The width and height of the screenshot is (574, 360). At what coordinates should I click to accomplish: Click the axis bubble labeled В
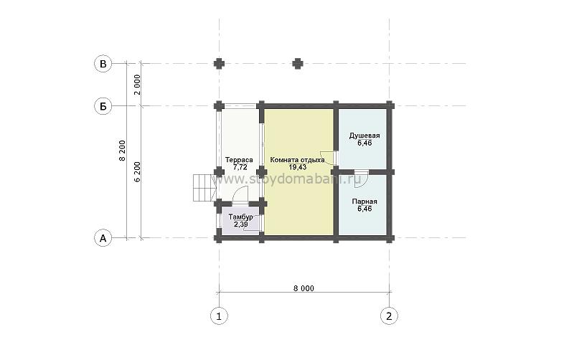(x=103, y=64)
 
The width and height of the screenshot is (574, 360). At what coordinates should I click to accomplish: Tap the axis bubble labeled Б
(x=103, y=106)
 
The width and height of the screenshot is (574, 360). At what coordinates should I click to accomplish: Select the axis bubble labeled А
(x=103, y=238)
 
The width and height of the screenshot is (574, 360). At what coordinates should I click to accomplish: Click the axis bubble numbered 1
(x=219, y=316)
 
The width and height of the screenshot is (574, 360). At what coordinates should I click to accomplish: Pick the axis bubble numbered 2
(x=389, y=316)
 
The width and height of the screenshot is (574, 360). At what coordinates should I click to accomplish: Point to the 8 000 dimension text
(x=304, y=288)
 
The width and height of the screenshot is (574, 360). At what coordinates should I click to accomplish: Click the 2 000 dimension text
(x=137, y=85)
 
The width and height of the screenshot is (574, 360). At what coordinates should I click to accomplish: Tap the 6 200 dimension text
(x=137, y=172)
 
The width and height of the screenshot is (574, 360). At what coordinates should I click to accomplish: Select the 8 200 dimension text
(x=122, y=151)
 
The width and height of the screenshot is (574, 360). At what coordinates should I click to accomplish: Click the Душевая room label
(x=364, y=136)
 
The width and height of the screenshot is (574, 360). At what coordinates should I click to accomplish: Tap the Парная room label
(x=364, y=202)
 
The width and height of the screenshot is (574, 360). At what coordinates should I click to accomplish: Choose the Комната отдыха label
(x=297, y=160)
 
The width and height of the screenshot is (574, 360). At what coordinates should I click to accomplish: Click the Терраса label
(x=239, y=160)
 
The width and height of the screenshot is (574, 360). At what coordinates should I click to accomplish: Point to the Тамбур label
(x=240, y=217)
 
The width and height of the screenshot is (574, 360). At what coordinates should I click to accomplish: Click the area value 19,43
(x=297, y=167)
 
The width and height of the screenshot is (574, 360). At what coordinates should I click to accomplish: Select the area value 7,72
(x=240, y=167)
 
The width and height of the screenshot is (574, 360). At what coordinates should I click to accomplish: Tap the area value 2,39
(x=240, y=224)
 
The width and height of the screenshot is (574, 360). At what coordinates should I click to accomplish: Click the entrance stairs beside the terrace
(x=204, y=188)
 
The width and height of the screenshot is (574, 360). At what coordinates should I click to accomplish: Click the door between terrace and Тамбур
(x=241, y=194)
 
